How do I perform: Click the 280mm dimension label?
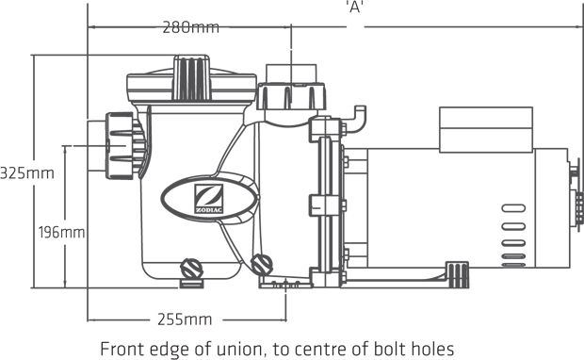(x=190, y=27)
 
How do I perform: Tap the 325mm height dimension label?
(x=27, y=173)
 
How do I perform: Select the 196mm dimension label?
(x=62, y=233)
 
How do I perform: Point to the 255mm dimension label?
(x=185, y=319)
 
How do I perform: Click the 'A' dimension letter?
(x=355, y=7)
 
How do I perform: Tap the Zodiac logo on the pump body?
(x=209, y=199)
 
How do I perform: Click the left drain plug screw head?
(x=191, y=269)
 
